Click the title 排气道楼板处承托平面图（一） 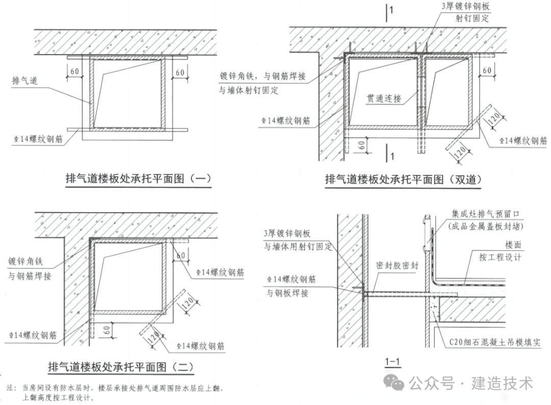tap(138, 179)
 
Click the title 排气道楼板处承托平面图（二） tap(120, 367)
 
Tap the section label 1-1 tap(392, 363)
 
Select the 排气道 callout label tap(25, 81)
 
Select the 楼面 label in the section tap(513, 245)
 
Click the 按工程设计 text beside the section tap(500, 257)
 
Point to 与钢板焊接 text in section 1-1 tap(287, 293)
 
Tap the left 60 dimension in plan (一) tap(74, 72)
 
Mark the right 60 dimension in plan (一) tap(180, 73)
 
